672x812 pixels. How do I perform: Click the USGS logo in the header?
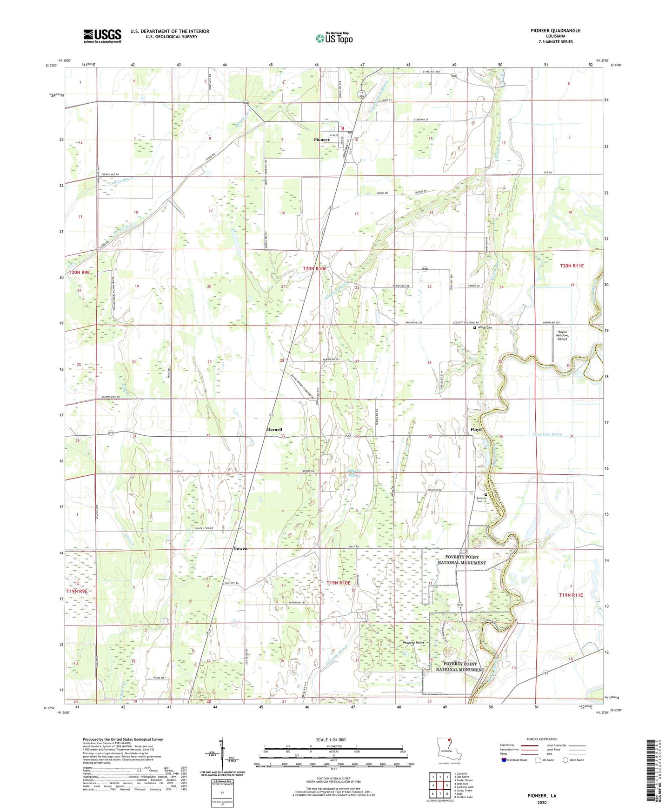click(102, 35)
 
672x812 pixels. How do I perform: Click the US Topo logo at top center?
click(334, 38)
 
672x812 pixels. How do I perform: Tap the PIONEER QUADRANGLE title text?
click(555, 31)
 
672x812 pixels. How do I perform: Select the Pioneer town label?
click(321, 140)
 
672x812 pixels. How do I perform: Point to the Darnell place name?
click(274, 430)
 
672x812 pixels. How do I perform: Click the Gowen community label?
click(240, 548)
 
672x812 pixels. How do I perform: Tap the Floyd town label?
click(476, 430)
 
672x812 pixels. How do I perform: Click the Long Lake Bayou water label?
click(547, 434)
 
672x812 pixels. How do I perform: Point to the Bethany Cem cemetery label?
click(481, 499)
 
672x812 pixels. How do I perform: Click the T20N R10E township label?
click(315, 268)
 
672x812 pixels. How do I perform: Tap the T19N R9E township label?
click(77, 591)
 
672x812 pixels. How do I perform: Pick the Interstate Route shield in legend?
click(505, 760)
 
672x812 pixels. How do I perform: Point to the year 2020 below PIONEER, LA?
click(542, 802)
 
